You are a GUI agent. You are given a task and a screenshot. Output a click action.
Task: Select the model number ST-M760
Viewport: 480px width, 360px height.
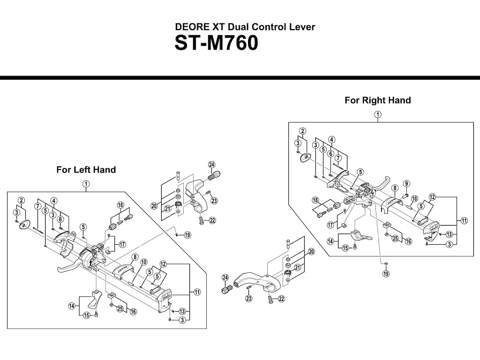216,44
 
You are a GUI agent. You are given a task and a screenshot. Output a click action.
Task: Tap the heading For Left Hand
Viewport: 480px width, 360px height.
86,170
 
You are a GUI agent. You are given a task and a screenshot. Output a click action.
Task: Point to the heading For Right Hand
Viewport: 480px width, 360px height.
377,100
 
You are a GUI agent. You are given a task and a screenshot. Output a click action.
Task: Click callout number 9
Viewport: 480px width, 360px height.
406,183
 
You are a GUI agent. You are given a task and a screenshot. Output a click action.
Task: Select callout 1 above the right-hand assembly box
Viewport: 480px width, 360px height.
377,114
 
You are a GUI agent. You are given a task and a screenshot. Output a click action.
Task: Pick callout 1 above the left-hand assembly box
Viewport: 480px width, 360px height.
86,184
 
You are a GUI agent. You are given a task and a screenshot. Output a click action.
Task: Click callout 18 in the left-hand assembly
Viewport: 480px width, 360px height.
120,205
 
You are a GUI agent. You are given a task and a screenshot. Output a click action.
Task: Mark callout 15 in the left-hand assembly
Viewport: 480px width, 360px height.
86,315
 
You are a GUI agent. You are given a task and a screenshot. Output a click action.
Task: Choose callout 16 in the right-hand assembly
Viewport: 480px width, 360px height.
408,241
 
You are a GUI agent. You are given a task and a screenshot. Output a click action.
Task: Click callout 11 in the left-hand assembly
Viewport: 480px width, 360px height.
197,292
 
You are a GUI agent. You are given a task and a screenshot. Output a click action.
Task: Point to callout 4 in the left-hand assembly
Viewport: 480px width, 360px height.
54,201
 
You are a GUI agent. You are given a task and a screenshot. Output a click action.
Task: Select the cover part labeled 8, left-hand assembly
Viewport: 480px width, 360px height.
123,270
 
